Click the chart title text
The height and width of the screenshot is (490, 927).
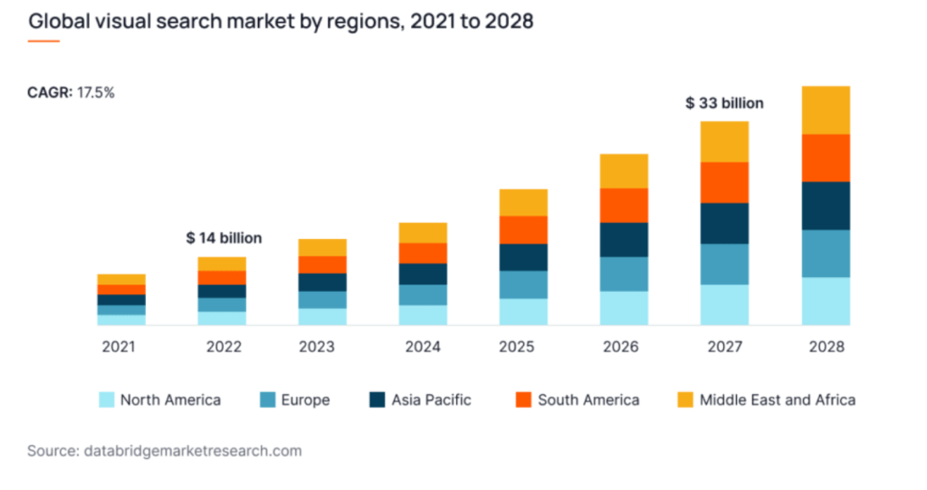(x=281, y=21)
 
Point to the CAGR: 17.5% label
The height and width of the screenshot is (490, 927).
(x=72, y=92)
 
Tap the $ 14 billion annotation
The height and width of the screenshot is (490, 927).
(x=224, y=238)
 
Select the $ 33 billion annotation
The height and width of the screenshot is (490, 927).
(x=724, y=103)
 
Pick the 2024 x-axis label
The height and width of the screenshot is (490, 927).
(x=423, y=347)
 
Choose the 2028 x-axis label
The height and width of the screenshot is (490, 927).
(x=826, y=347)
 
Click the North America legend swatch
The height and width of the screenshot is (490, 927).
(x=106, y=399)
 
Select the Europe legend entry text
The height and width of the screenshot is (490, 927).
(x=305, y=399)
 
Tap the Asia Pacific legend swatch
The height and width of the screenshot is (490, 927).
(x=377, y=399)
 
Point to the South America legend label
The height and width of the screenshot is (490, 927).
(x=588, y=399)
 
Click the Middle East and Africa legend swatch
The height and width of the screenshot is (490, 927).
(x=685, y=399)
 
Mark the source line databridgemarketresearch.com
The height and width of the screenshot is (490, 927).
(x=165, y=450)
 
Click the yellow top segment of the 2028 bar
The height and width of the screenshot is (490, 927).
(x=826, y=110)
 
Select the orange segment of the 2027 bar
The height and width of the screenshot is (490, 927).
(x=724, y=182)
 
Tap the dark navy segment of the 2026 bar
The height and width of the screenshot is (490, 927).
(x=624, y=239)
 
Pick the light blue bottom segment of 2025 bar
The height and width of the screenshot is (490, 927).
(x=523, y=312)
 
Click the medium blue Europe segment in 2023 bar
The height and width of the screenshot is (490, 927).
(x=322, y=300)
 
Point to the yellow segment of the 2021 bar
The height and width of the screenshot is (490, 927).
(x=121, y=279)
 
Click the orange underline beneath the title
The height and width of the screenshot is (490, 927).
(x=43, y=41)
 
